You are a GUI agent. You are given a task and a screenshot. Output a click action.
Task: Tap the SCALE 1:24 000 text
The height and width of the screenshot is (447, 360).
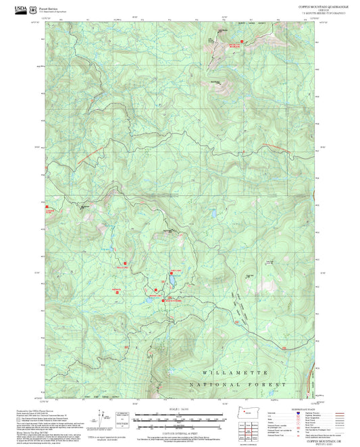[x=180, y=409]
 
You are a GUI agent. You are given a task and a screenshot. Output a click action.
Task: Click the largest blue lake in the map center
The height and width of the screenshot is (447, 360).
[x=173, y=278]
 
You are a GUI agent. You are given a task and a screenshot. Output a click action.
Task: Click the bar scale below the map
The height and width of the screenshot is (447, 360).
[x=180, y=419]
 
